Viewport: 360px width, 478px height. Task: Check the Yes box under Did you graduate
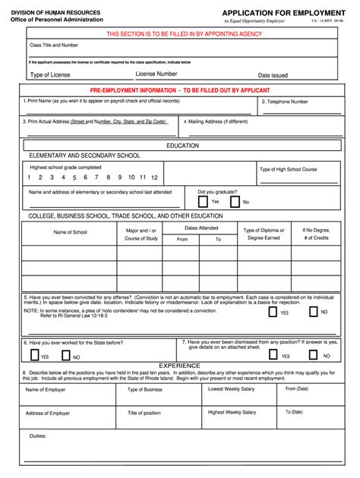[x=203, y=202]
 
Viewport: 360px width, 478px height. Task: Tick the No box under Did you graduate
[x=235, y=202]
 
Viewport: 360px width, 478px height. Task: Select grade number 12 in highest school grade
[x=154, y=177]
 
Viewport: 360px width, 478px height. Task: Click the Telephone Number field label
[x=285, y=101]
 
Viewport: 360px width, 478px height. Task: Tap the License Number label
[x=156, y=74]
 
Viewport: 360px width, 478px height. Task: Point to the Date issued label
[x=273, y=75]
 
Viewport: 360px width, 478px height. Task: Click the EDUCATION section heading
[x=182, y=145]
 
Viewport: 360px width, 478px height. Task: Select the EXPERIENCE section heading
[x=179, y=365]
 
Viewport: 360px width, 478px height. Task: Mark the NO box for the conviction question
[x=313, y=312]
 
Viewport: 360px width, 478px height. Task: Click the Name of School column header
[x=70, y=232]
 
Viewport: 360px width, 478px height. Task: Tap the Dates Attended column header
[x=201, y=228]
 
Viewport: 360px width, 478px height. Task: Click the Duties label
[x=38, y=436]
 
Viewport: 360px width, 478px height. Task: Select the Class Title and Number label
[x=54, y=46]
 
